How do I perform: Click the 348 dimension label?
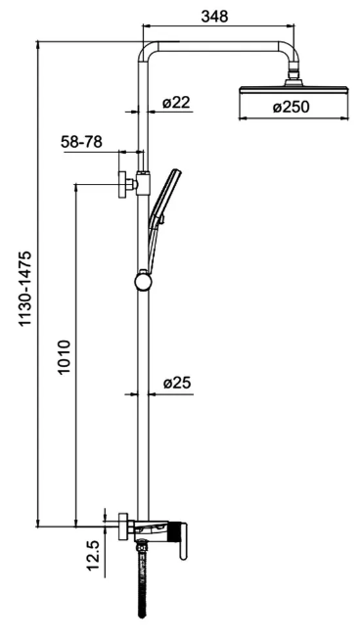tap(214, 17)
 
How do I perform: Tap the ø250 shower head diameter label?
tap(291, 108)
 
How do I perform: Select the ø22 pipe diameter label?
tap(176, 103)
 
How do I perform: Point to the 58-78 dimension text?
tap(81, 142)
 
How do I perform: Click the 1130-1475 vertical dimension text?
tap(25, 289)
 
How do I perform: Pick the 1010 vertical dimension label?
tap(65, 356)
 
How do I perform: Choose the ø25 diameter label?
tap(177, 384)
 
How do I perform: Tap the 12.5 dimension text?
tap(93, 555)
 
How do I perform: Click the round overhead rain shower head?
tap(293, 88)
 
